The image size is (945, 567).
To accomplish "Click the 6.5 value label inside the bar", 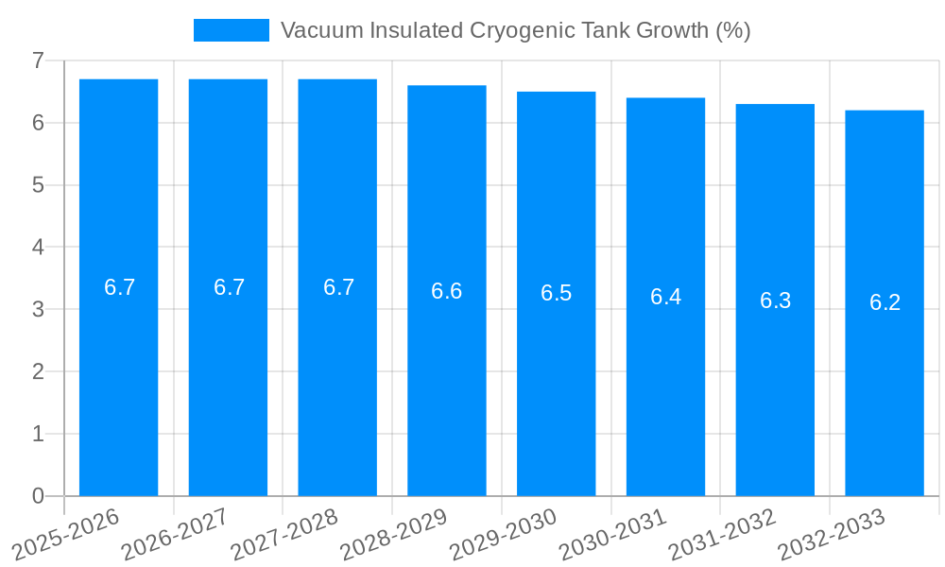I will [x=556, y=293].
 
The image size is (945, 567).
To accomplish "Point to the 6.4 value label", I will [x=665, y=297].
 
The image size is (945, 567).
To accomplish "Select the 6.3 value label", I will [x=775, y=301].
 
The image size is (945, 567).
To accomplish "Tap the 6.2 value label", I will [x=885, y=302].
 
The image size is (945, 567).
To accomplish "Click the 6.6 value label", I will [x=447, y=291].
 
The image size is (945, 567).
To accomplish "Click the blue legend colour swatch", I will [x=232, y=30].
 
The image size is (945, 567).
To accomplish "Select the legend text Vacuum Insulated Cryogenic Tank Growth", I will [x=515, y=30].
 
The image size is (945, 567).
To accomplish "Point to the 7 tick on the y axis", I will [x=38, y=60].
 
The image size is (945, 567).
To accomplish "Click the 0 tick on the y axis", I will [x=38, y=496].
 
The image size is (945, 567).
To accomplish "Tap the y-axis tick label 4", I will [x=38, y=248].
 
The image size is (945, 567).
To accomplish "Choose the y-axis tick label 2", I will [x=38, y=371].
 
